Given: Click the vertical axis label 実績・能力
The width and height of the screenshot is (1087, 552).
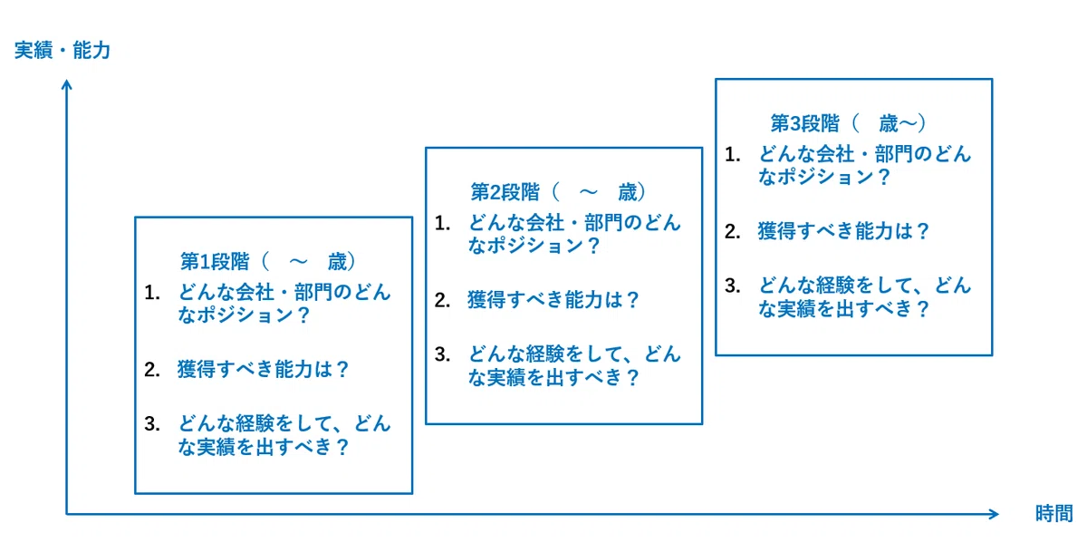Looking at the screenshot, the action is pos(63,51).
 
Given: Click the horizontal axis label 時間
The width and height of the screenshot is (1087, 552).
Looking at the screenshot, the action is pos(1054,513).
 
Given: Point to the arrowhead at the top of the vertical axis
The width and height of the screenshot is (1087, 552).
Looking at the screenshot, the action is pos(67,85).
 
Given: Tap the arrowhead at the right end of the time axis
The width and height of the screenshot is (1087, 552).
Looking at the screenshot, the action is pos(993,514).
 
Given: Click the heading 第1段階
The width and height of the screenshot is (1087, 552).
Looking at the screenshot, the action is pos(215,262).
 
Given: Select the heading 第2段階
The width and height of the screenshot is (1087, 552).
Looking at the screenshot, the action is pos(505,192).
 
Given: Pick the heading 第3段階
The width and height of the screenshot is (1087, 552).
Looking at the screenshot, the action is pos(804,123).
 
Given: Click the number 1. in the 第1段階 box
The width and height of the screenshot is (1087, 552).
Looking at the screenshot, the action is pos(152,293).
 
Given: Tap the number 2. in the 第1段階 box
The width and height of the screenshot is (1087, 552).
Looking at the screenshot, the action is pos(152,370).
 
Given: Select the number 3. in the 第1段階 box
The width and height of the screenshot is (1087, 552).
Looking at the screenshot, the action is pos(152,424).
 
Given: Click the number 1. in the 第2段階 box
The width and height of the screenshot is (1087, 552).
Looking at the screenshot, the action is pos(443,223).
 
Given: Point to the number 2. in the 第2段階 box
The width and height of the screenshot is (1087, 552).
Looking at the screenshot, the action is pos(443,301).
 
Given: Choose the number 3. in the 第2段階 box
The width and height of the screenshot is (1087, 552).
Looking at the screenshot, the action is pos(443,354).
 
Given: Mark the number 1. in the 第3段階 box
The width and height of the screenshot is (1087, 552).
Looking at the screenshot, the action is pos(733,154).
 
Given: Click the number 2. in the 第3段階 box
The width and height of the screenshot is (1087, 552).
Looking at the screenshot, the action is pos(733,231).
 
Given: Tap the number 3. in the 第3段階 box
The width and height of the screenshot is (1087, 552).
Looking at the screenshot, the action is pos(733,286).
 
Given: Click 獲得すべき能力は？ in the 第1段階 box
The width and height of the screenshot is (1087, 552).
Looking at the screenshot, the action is pos(263,370).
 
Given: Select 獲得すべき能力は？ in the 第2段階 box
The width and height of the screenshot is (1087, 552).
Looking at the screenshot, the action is pos(553,300).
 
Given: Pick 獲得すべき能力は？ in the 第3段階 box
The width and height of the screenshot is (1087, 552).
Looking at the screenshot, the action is pos(843,231).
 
